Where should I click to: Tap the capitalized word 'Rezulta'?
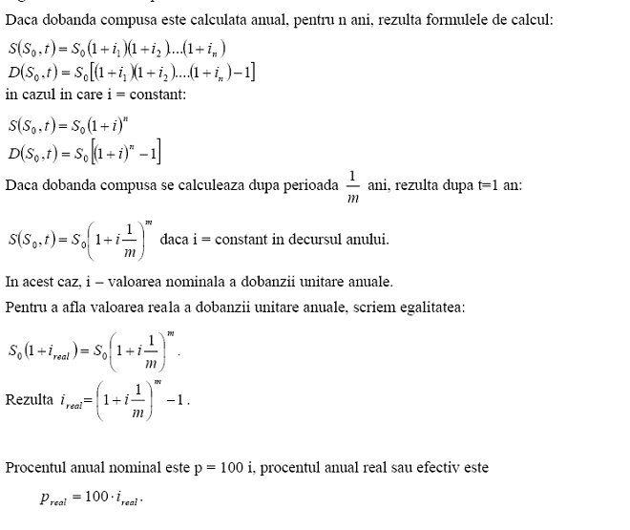[30, 398]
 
